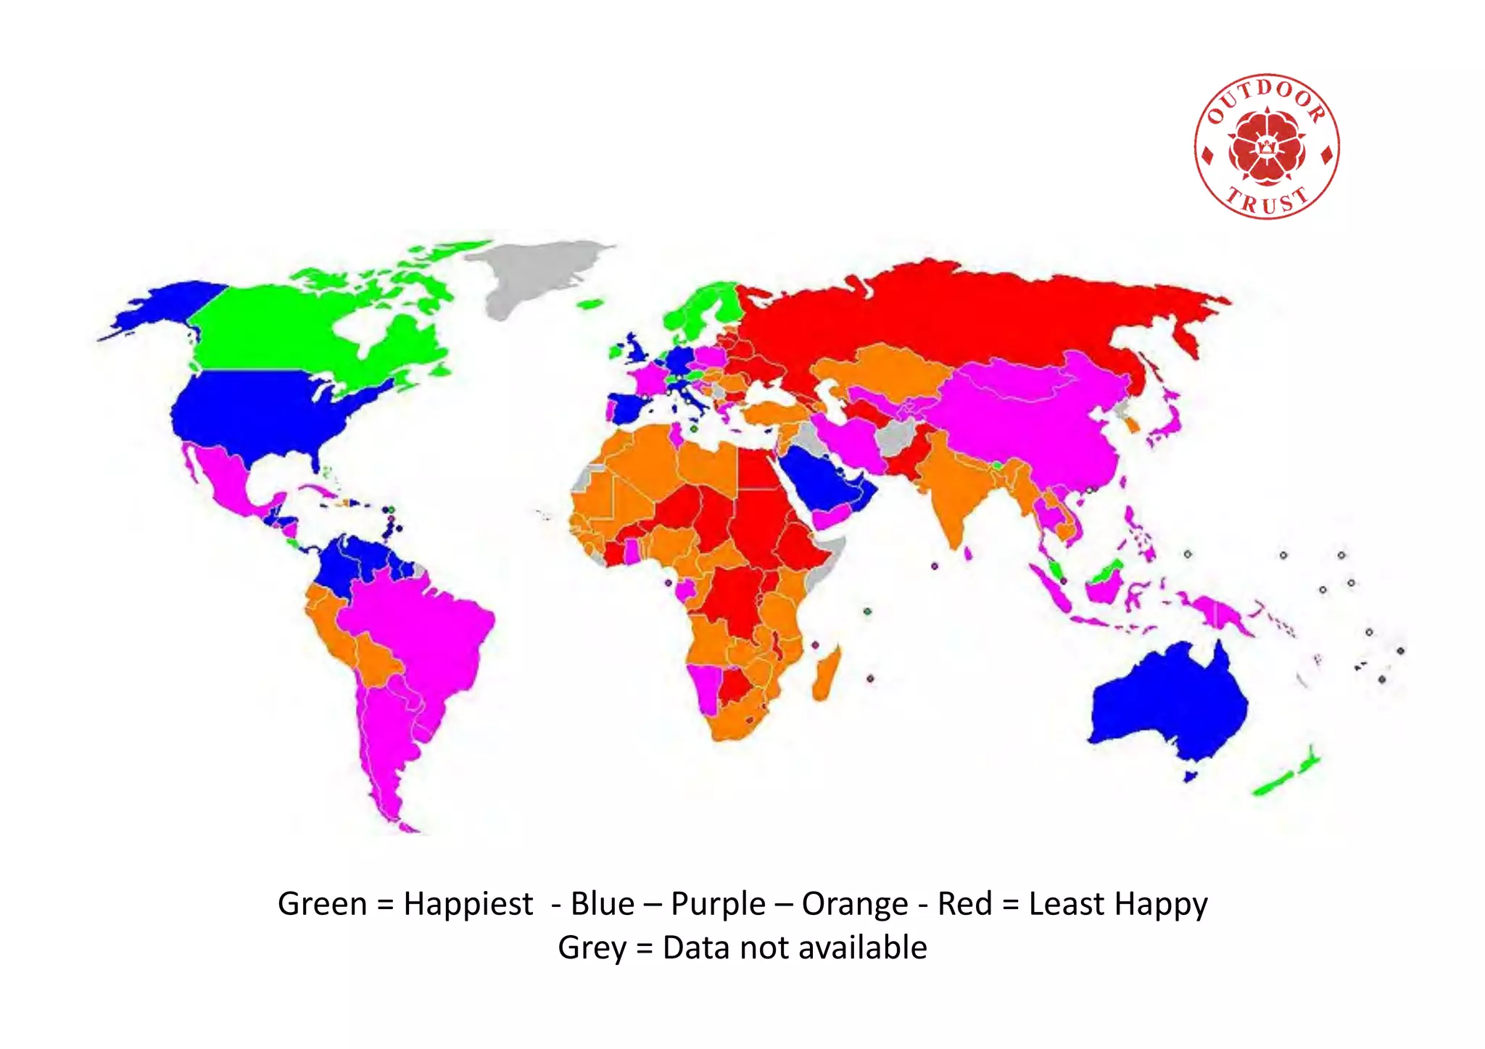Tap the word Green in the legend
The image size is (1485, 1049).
(x=323, y=905)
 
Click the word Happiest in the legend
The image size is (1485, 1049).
(x=468, y=905)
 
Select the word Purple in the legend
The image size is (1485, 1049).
(x=718, y=905)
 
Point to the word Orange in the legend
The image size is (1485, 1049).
(x=855, y=905)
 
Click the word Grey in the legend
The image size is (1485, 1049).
(x=592, y=948)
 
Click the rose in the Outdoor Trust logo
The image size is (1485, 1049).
(x=1267, y=146)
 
